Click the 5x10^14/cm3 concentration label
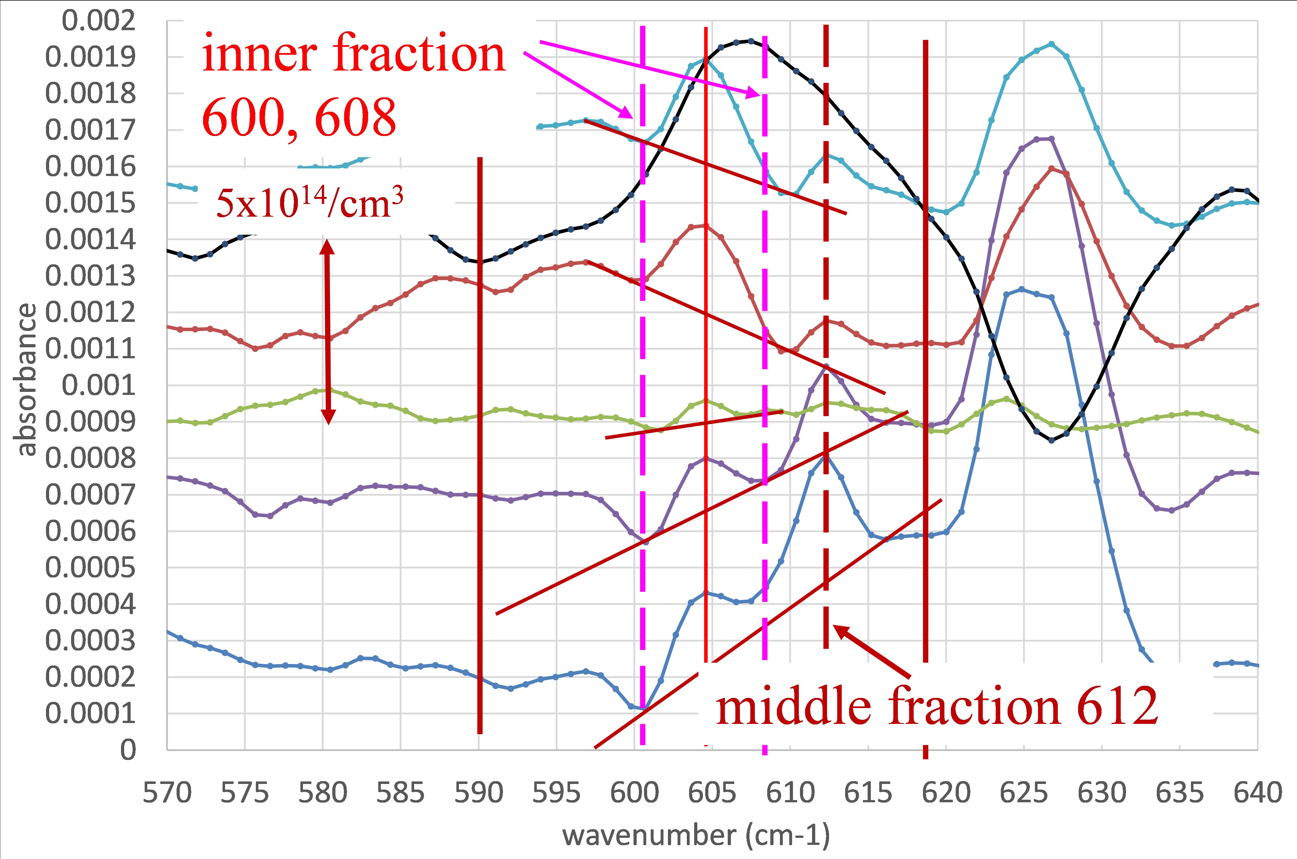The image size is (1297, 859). [309, 203]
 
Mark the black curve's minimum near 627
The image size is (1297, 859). [1051, 440]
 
